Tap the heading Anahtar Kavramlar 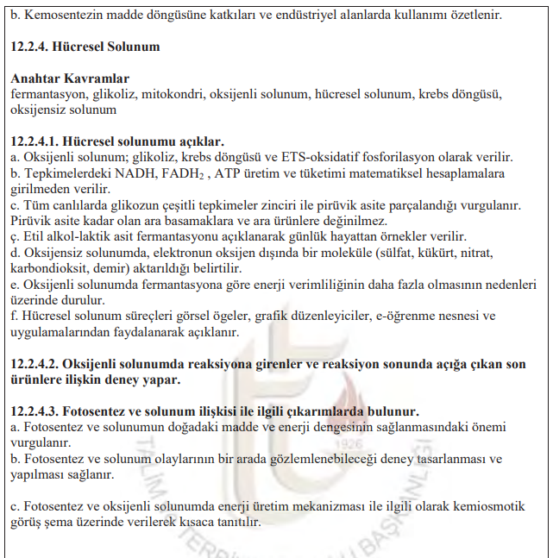click(x=70, y=78)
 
